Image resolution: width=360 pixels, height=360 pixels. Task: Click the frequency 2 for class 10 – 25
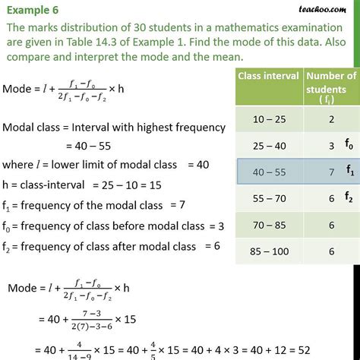click(329, 120)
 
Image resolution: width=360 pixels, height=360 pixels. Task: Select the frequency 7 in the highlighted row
click(329, 172)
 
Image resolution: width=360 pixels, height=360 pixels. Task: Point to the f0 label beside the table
click(349, 143)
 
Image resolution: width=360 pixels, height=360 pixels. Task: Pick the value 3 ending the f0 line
click(222, 226)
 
